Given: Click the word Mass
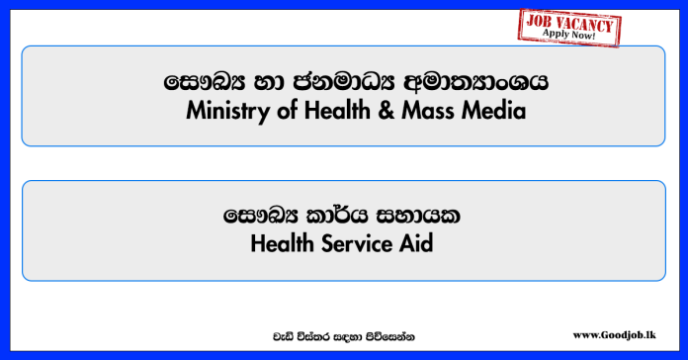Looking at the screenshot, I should click(x=427, y=111).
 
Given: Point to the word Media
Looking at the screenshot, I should click(x=494, y=111).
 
